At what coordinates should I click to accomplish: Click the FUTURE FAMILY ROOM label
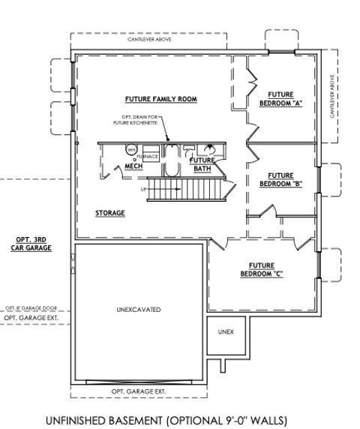pos(150,99)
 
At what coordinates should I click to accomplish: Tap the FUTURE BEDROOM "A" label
pos(280,100)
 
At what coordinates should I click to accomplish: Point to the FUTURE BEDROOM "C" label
pos(262,268)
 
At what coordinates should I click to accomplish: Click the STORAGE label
pos(109,213)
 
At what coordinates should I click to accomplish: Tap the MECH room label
pos(133,166)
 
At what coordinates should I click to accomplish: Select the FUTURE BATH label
pos(202,164)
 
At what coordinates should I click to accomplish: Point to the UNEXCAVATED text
pos(139,309)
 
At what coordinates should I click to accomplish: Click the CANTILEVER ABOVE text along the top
pos(148,40)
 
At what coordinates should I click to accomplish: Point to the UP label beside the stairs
pos(143,189)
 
